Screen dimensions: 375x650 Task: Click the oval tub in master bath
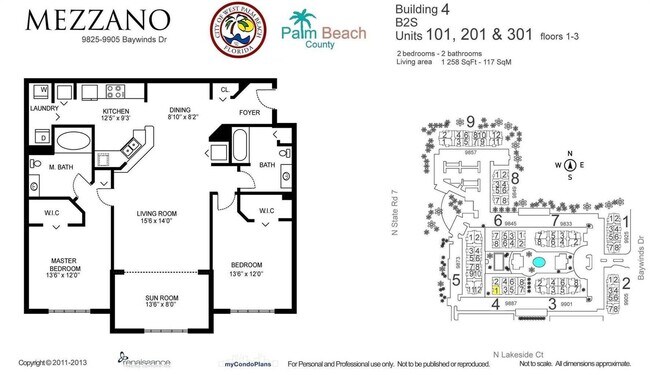[72, 141]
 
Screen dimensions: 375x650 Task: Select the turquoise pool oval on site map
[540, 261]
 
